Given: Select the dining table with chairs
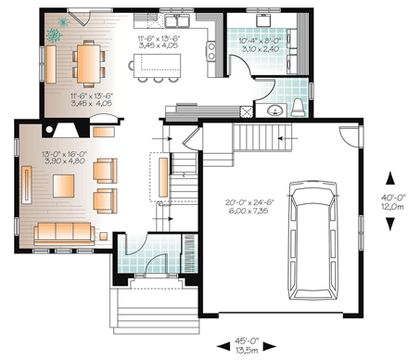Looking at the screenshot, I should point(84,63).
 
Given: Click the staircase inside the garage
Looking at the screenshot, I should point(251,139).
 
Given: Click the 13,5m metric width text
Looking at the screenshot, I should point(247,351).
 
